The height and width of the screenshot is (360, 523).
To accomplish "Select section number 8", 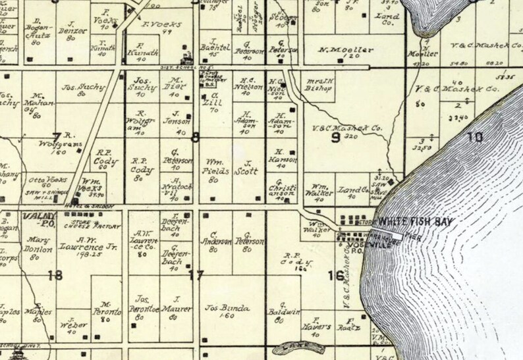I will coord(194,137).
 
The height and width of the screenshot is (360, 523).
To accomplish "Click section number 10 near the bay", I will coord(474,137).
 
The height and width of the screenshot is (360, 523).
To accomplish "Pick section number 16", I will coord(335,275).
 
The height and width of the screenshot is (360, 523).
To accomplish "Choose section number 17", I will coord(195,275).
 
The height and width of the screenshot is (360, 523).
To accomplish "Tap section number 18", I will coord(55,275).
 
